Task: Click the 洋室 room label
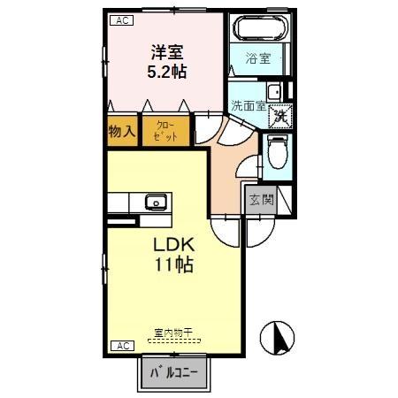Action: pyautogui.click(x=165, y=51)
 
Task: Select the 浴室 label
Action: pyautogui.click(x=257, y=59)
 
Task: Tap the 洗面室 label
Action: pyautogui.click(x=248, y=106)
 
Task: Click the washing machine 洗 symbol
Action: pyautogui.click(x=279, y=113)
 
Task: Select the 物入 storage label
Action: pyautogui.click(x=122, y=133)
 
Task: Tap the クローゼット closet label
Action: pyautogui.click(x=166, y=133)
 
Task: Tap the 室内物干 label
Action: pyautogui.click(x=172, y=333)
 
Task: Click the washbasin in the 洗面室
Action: pyautogui.click(x=274, y=92)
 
